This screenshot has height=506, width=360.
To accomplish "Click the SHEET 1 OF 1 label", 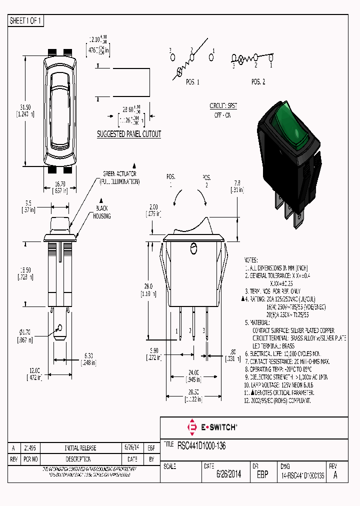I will (x=26, y=20).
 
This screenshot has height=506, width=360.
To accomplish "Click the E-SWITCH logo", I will (x=212, y=427).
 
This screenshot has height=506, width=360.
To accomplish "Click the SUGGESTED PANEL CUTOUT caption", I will (x=129, y=134).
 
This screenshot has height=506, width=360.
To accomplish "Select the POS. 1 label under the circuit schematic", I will (x=192, y=81).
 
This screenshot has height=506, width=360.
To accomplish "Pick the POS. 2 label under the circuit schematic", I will (x=258, y=81).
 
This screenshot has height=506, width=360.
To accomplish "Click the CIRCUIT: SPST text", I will (x=223, y=106).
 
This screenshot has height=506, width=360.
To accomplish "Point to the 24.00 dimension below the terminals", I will (x=193, y=372).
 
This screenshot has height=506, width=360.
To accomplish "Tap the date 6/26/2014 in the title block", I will (x=228, y=475).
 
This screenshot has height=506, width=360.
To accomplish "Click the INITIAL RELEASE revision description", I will (x=80, y=448).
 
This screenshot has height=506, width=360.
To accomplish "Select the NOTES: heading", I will (x=250, y=260).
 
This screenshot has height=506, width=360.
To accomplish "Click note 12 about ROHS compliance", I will (x=277, y=401).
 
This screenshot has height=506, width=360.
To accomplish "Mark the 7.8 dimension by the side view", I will (x=237, y=183).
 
